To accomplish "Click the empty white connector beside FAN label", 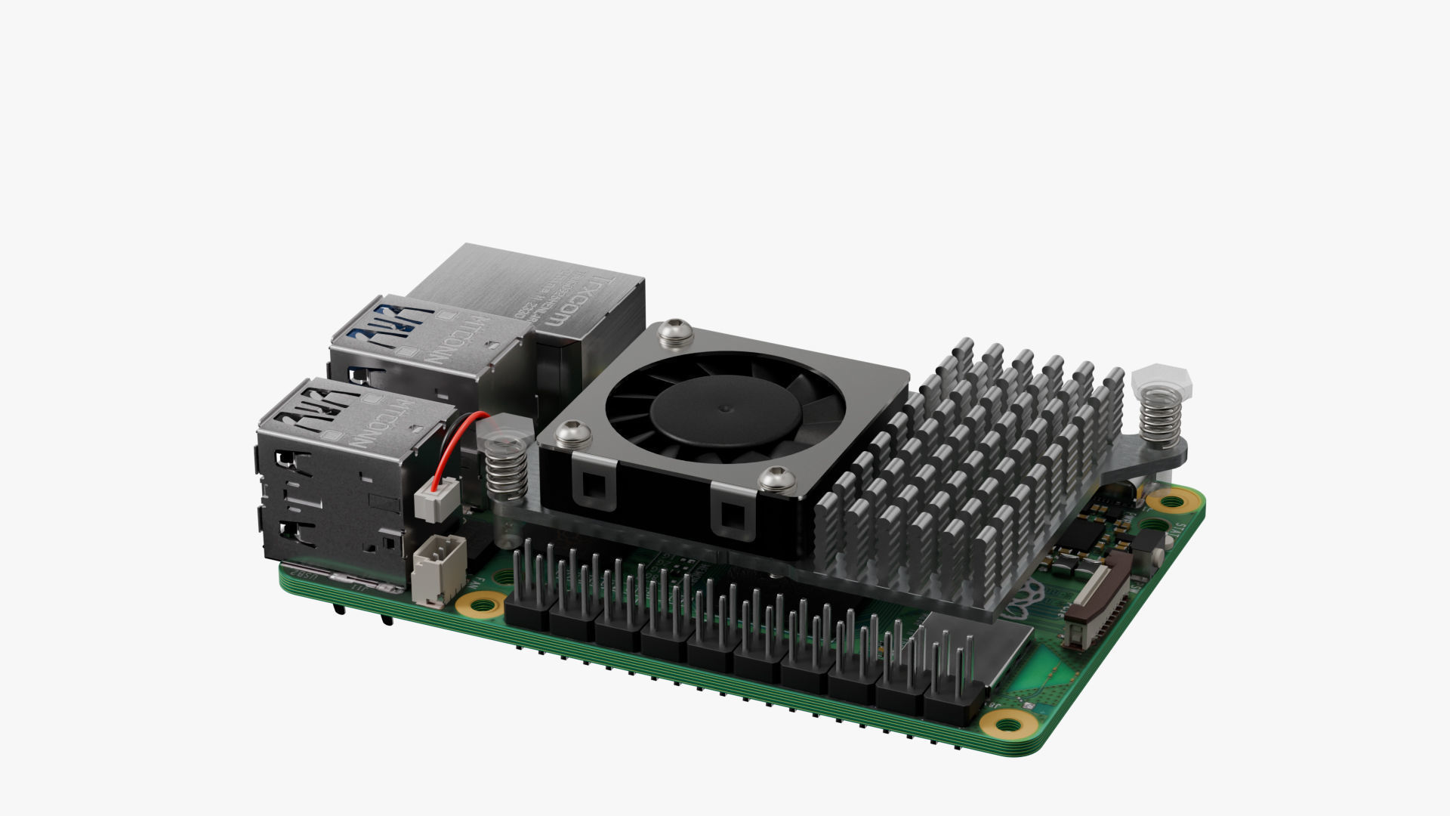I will (439, 570).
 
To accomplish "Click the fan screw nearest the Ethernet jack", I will (671, 333).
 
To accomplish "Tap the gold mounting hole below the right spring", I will (1170, 500).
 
